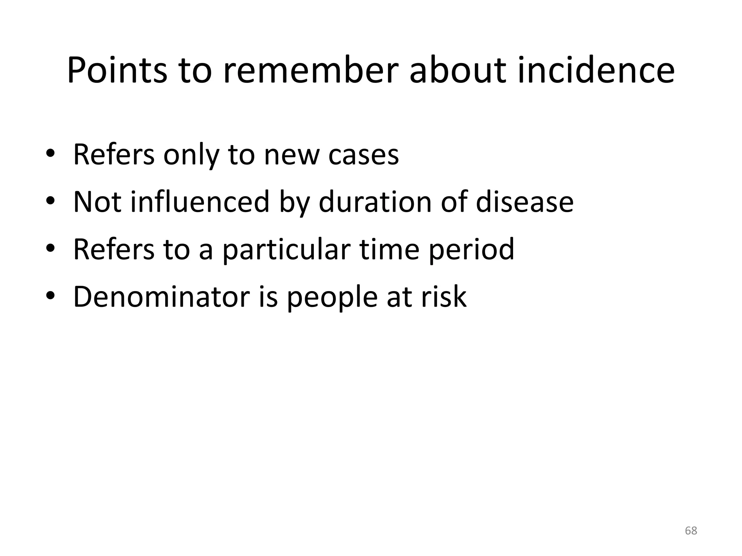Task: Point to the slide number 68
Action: tap(691, 531)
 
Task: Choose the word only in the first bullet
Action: tap(191, 155)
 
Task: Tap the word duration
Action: tap(375, 202)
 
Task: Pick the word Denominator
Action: tap(161, 296)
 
